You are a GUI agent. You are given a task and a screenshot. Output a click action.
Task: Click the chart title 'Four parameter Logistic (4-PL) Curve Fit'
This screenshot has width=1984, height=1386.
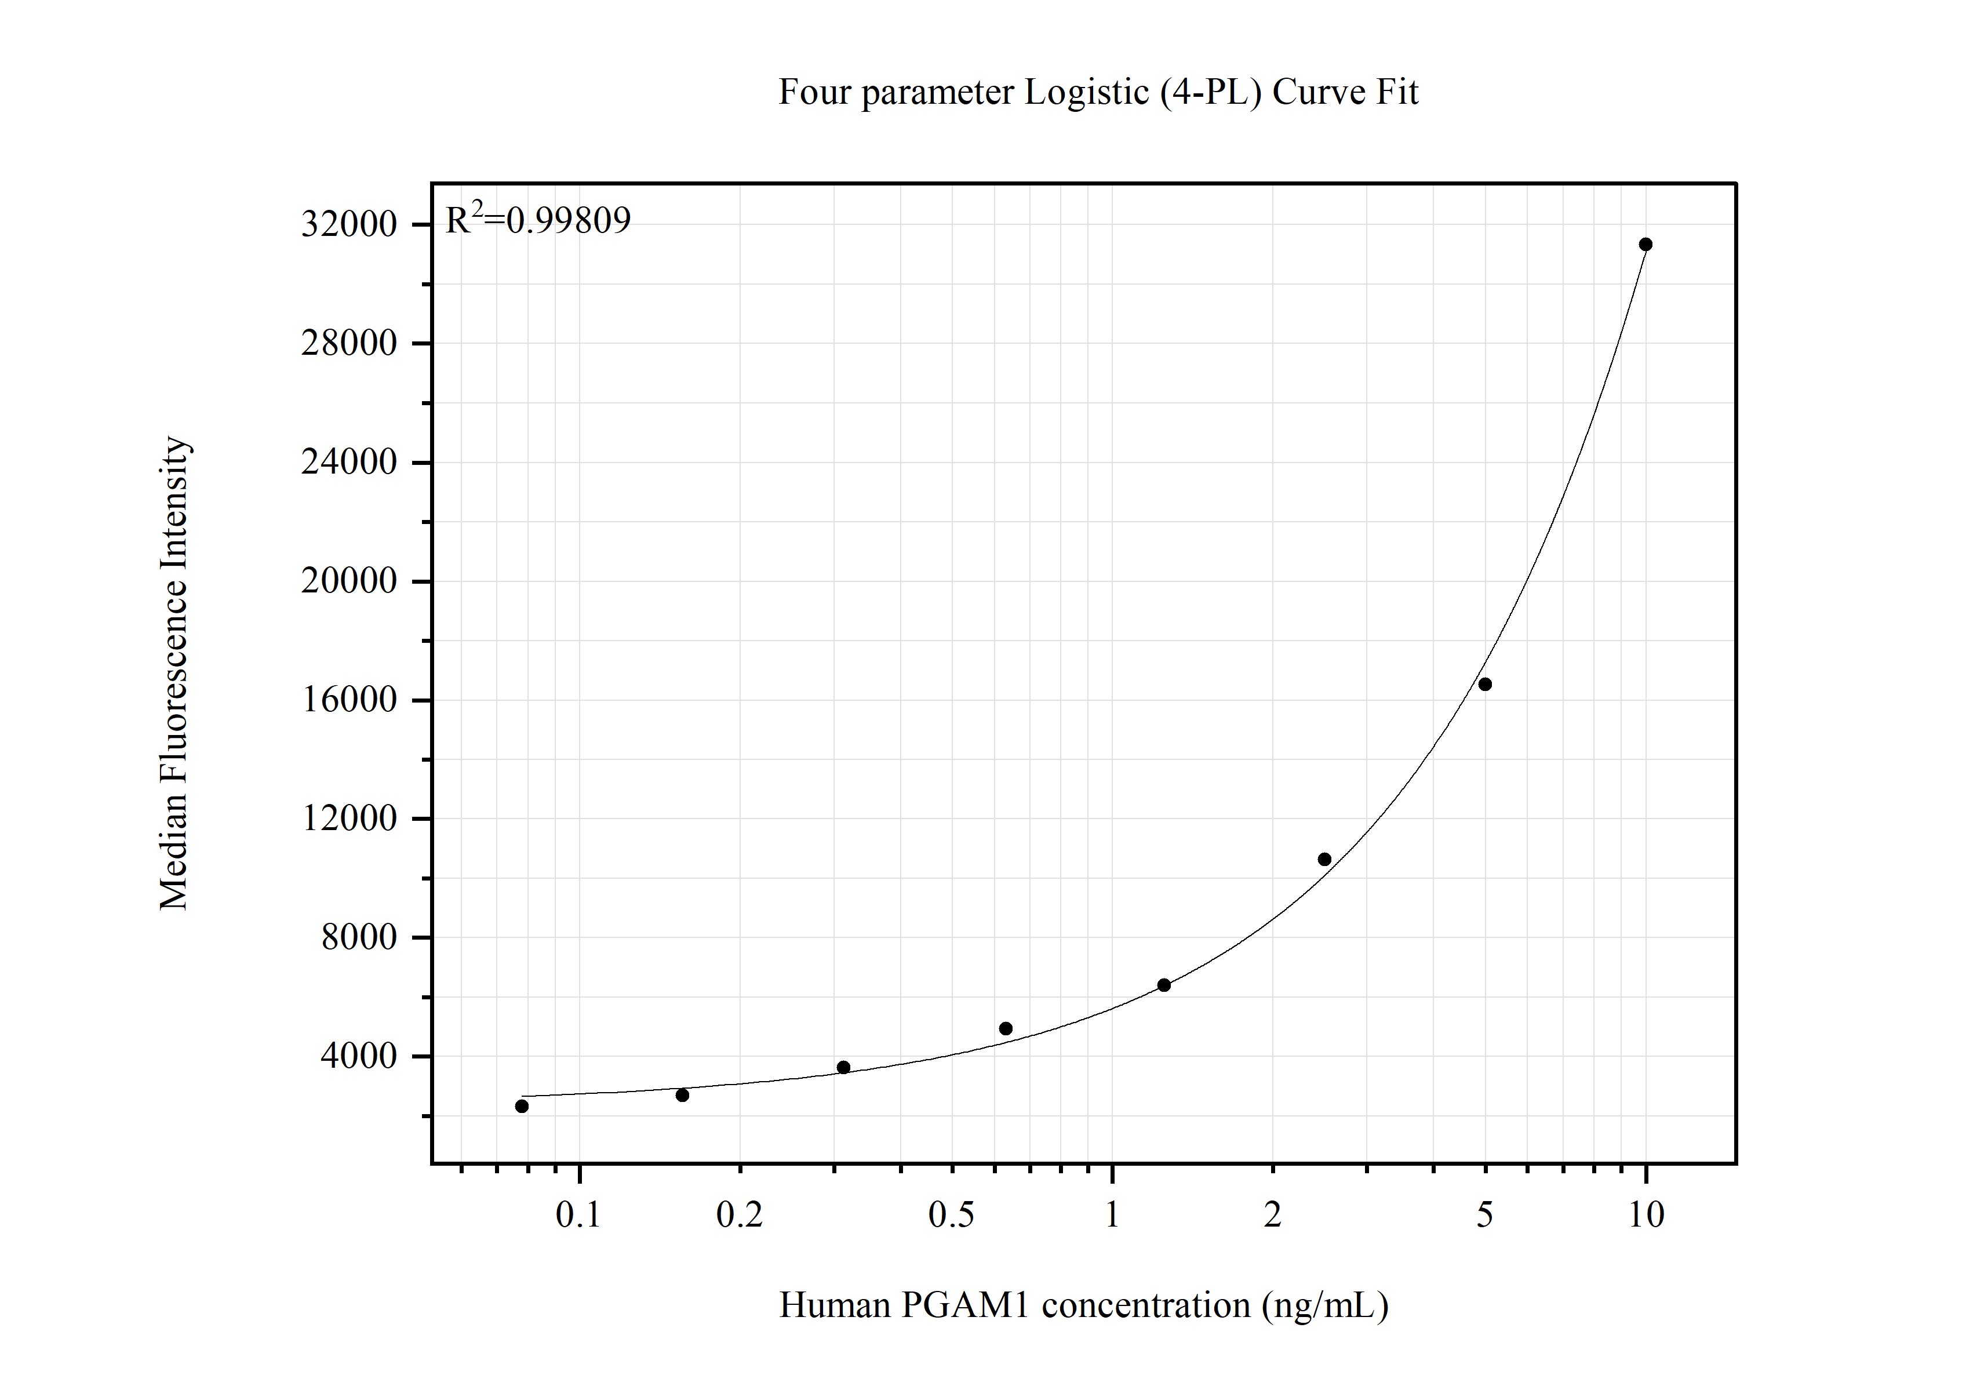point(1097,92)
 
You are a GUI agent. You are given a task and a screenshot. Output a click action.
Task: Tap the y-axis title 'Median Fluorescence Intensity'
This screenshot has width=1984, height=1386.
point(174,673)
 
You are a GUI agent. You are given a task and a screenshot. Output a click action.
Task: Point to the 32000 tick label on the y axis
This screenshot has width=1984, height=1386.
point(348,225)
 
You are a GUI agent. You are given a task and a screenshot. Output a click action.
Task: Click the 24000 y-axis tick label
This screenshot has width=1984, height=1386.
point(348,462)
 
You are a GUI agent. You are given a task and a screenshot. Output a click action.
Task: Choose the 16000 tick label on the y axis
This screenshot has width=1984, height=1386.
point(348,700)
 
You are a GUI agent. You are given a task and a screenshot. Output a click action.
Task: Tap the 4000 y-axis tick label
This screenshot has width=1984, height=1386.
point(359,1056)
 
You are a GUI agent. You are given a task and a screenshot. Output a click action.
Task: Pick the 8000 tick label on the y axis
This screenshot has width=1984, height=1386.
point(359,937)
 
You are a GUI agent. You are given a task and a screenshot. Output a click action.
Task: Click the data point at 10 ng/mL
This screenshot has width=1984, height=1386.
point(1646,245)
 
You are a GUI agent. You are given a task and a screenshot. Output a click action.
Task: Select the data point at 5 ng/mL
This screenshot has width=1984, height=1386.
point(1484,685)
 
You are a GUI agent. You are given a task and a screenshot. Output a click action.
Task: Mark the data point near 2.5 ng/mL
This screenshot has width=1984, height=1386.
point(1324,859)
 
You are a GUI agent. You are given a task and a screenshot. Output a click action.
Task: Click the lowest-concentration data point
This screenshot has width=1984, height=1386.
point(522,1106)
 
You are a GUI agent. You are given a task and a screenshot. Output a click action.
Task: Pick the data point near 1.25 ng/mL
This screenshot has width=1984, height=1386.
point(1164,985)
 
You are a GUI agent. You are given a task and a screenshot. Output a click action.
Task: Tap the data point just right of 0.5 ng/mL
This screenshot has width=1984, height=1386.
point(1006,1028)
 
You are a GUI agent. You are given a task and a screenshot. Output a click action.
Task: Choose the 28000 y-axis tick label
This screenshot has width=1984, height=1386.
point(348,344)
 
